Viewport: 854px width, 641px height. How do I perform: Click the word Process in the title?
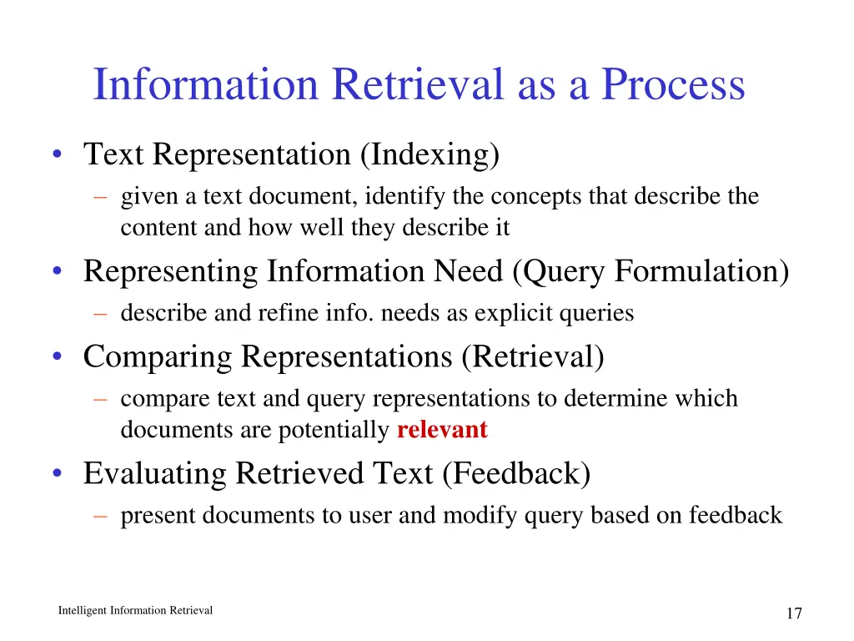(x=673, y=85)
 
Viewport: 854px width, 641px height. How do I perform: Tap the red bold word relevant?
(x=442, y=431)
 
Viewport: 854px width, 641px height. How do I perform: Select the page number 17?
(x=793, y=613)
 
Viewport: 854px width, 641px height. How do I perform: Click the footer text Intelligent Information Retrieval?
(x=135, y=611)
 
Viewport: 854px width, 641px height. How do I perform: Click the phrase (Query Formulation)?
(x=651, y=272)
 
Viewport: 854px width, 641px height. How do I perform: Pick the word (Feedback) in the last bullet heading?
(x=516, y=473)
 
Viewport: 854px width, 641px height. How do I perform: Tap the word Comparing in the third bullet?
(x=158, y=357)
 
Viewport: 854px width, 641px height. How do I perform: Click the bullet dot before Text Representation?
(x=56, y=155)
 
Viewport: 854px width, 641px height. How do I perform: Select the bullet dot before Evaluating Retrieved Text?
(x=56, y=474)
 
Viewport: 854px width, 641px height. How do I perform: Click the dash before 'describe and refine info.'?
(x=101, y=314)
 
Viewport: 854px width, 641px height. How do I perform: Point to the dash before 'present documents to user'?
(x=101, y=516)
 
